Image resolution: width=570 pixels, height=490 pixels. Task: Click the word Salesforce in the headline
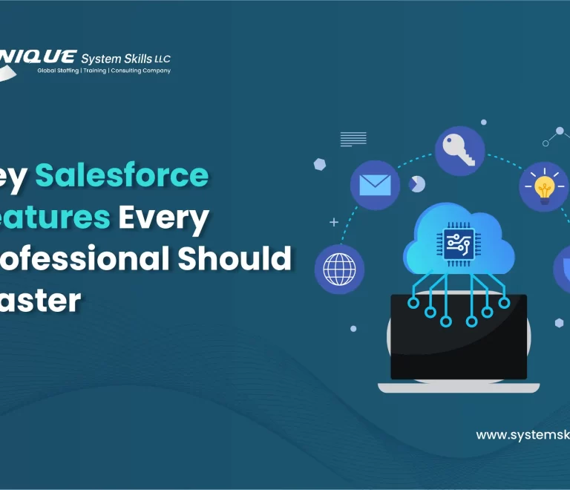(122, 175)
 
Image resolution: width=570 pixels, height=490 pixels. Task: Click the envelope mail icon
(375, 184)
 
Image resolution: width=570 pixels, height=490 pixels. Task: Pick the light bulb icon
(544, 186)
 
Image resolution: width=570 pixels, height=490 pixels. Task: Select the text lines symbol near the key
(353, 139)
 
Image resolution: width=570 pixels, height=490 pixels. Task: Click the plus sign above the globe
(334, 221)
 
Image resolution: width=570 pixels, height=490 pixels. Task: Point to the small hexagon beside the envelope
(320, 164)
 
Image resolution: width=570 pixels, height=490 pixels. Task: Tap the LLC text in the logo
(163, 59)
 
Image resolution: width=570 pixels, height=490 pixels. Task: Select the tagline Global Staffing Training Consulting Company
(104, 71)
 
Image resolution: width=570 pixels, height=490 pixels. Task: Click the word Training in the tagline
(94, 71)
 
